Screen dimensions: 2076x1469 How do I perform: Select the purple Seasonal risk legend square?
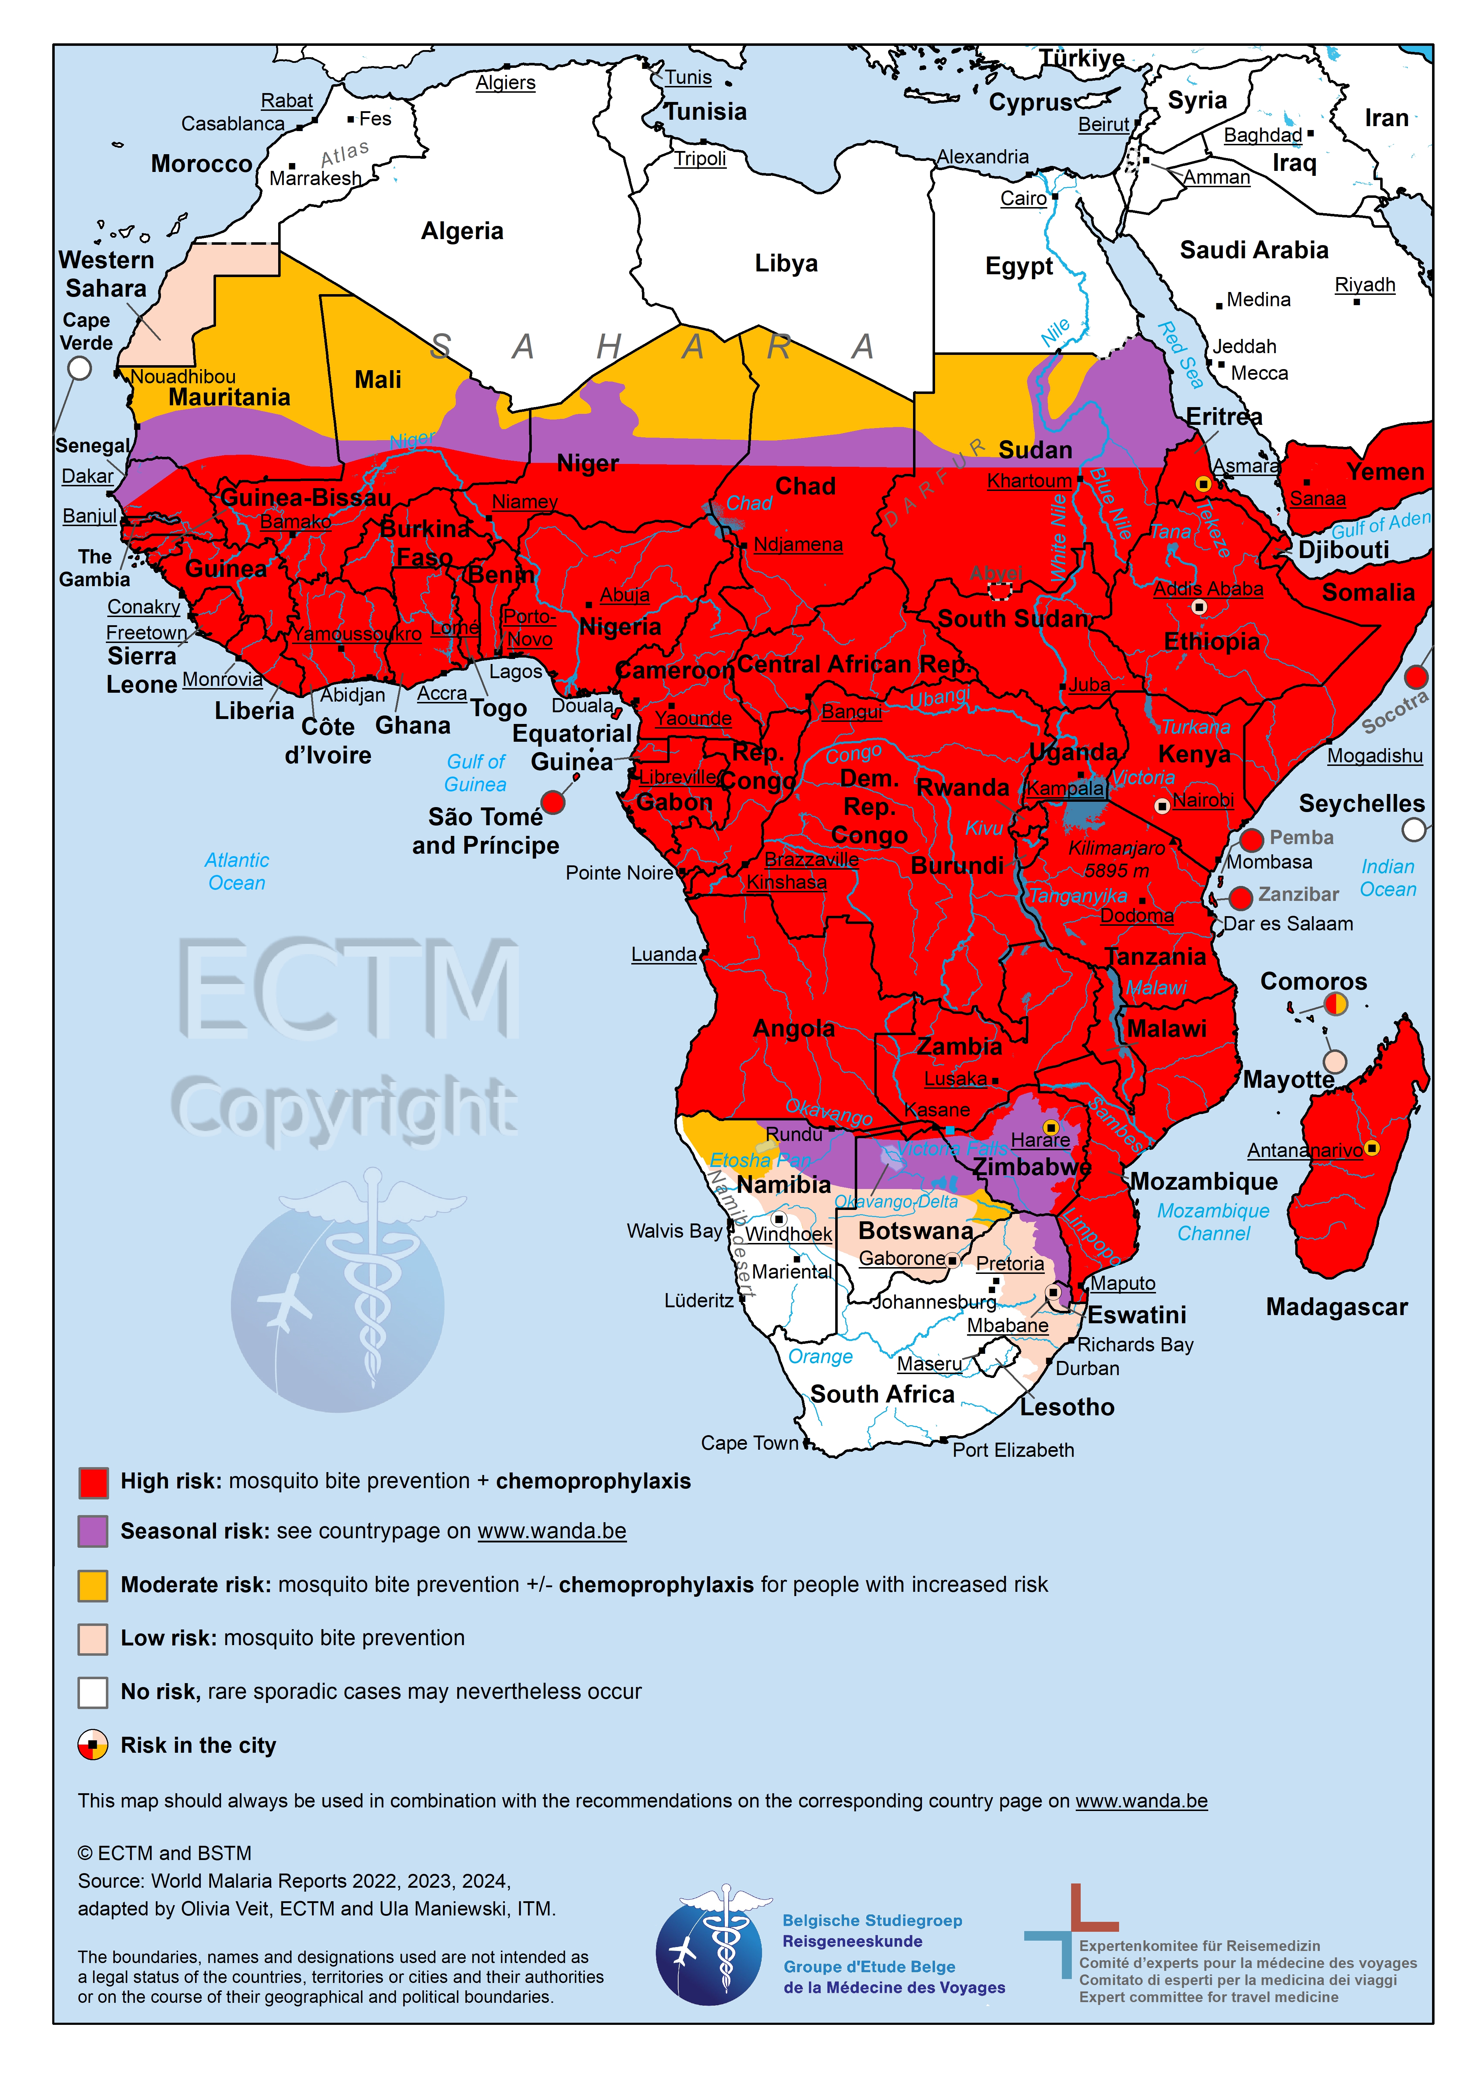click(93, 1531)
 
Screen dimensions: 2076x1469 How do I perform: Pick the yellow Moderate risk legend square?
click(93, 1585)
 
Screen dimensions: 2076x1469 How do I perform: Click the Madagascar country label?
click(1336, 1307)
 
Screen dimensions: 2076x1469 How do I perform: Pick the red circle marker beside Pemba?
click(1251, 839)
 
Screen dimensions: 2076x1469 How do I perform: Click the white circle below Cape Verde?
click(80, 368)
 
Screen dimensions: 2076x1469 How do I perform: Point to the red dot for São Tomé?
click(553, 801)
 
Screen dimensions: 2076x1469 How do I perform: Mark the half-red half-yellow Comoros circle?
click(1335, 1004)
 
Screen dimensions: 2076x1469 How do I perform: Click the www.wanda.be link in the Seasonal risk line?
click(552, 1531)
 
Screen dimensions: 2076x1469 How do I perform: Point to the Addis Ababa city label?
click(1208, 589)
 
